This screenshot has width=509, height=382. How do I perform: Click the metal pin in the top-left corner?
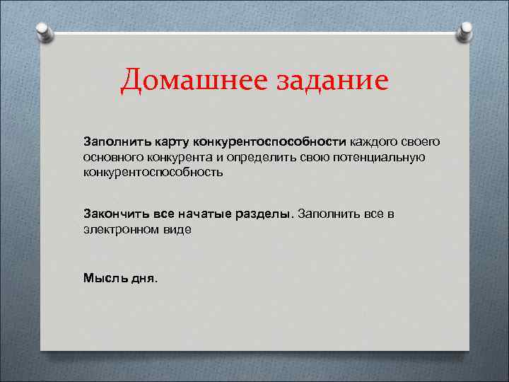coord(45,31)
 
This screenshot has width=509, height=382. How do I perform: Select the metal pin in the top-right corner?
coord(466,31)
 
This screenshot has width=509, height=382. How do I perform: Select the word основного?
coord(112,156)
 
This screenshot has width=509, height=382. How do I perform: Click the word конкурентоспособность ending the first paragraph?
coord(153,172)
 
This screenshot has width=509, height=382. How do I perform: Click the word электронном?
coord(120,229)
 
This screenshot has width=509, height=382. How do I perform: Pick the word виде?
coord(176,229)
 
